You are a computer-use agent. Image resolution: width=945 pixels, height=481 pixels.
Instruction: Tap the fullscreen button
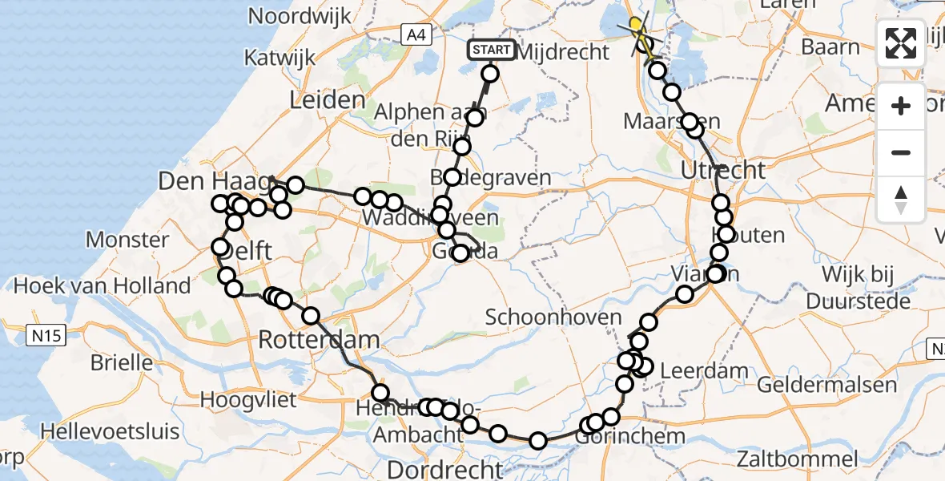pyautogui.click(x=901, y=43)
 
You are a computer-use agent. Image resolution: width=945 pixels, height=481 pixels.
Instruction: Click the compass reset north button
pyautogui.click(x=901, y=200)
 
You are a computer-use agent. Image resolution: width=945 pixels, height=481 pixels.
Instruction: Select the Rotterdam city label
pyautogui.click(x=319, y=340)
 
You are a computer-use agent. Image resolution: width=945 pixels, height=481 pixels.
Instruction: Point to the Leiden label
pyautogui.click(x=328, y=100)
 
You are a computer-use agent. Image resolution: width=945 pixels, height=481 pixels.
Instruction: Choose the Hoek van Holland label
pyautogui.click(x=103, y=285)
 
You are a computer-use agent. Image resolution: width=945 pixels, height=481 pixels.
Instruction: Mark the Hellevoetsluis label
pyautogui.click(x=111, y=431)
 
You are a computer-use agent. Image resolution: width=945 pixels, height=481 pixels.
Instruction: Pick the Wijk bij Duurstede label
pyautogui.click(x=859, y=288)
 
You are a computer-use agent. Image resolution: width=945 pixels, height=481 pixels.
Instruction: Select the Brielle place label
pyautogui.click(x=122, y=362)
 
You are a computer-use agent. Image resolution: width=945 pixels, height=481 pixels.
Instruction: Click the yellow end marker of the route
pyautogui.click(x=637, y=29)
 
